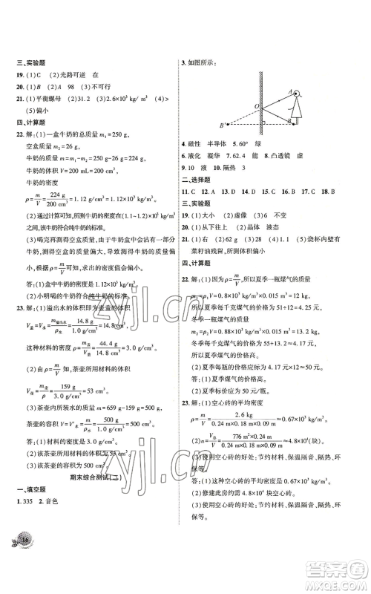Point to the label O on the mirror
pyautogui.click(x=255, y=105)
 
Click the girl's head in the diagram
pyautogui.click(x=298, y=94)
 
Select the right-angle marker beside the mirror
pyautogui.click(x=263, y=123)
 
